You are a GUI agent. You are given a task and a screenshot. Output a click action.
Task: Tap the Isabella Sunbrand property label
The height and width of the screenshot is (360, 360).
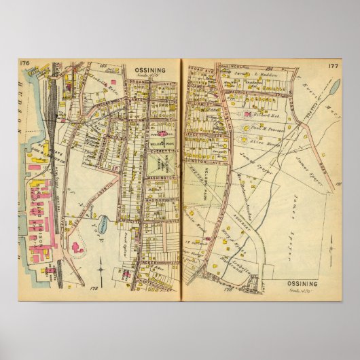250,257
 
